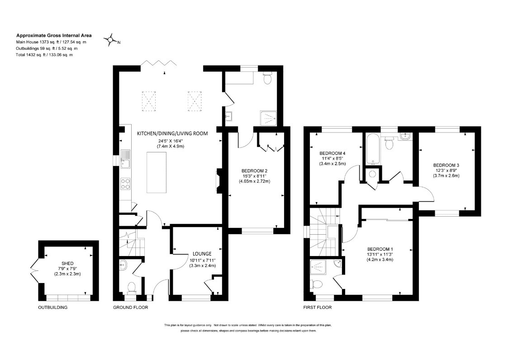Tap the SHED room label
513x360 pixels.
coord(67,263)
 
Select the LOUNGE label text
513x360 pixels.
coord(202,253)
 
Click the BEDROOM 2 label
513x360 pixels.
coord(255,171)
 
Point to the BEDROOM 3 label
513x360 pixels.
coord(446,165)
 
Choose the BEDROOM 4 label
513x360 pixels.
coord(332,153)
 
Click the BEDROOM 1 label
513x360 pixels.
coord(380,249)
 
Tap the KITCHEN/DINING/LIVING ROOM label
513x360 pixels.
coord(172,133)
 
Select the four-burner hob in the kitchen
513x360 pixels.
coord(126,184)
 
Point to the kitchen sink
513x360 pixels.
coord(125,159)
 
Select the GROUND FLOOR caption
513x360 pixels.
coord(131,308)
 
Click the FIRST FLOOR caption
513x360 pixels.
coord(318,308)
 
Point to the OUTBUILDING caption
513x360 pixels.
coord(52,308)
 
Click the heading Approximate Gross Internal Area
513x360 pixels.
coord(54,35)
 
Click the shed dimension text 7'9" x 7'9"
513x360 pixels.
coord(67,269)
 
